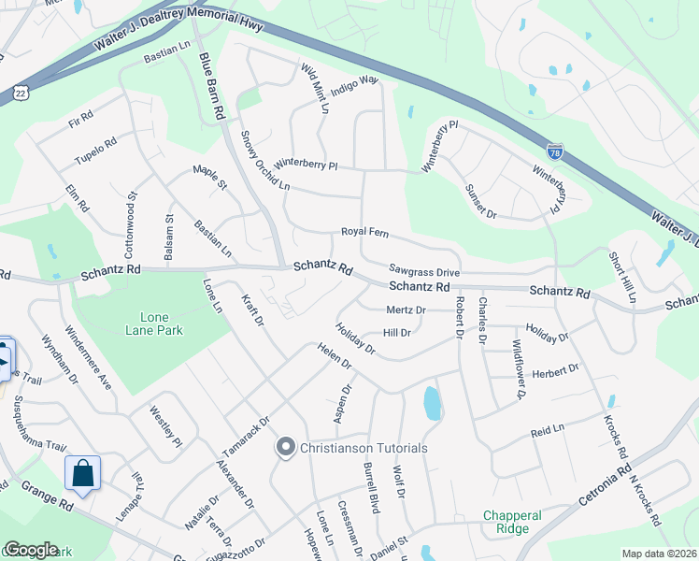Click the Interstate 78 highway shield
point(555,150)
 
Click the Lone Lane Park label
point(154,323)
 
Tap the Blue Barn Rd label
point(213,85)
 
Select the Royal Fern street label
point(363,233)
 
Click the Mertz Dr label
point(406,309)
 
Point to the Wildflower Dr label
point(518,369)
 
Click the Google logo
point(31,550)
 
